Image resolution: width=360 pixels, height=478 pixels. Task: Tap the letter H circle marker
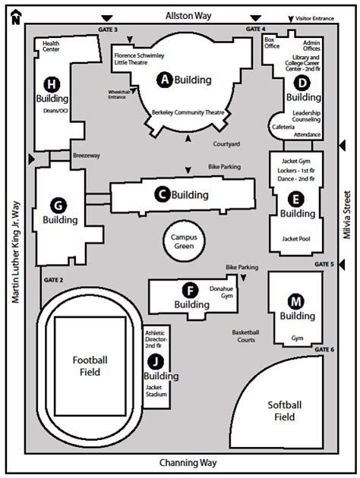tap(52, 83)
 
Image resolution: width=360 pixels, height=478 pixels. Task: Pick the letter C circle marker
tap(161, 195)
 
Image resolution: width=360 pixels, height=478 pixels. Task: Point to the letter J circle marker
tap(156, 361)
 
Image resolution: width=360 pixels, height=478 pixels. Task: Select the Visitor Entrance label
tap(314, 18)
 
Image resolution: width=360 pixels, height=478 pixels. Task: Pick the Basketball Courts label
tap(247, 337)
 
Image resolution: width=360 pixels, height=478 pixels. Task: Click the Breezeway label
tap(87, 156)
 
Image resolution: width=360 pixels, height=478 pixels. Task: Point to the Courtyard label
tap(226, 143)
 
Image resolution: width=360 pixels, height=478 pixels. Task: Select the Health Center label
tap(52, 48)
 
